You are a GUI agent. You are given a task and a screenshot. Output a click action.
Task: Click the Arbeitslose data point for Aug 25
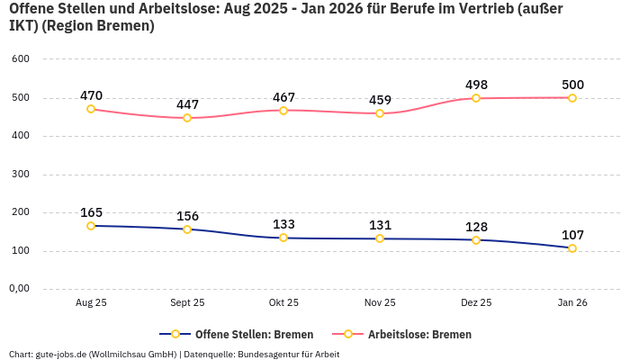click(x=91, y=109)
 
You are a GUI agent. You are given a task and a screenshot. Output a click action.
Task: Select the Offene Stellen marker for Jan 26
click(x=572, y=248)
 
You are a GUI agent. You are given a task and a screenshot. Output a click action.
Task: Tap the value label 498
click(x=476, y=85)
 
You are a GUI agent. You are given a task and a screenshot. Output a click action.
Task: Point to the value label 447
click(x=187, y=104)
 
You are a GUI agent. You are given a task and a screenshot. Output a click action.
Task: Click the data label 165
click(x=91, y=213)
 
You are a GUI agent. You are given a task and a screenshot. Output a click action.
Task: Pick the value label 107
click(x=572, y=235)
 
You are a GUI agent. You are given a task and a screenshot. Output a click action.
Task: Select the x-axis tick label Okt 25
click(x=283, y=303)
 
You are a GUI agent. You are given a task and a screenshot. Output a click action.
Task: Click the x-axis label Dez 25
click(x=476, y=303)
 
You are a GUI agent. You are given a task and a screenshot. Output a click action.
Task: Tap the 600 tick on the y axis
click(x=21, y=59)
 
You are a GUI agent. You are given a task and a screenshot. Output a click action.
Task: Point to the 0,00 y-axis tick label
click(x=19, y=289)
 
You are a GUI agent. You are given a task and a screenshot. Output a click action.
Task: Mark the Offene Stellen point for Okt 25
click(x=283, y=238)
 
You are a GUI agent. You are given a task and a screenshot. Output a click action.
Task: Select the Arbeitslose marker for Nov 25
click(x=380, y=113)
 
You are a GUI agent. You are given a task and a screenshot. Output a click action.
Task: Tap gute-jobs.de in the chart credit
click(x=60, y=354)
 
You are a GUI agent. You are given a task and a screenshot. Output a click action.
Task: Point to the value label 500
click(x=572, y=85)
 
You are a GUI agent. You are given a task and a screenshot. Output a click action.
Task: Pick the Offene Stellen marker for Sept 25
click(x=187, y=229)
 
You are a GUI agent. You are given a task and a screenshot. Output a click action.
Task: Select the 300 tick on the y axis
click(x=21, y=175)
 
